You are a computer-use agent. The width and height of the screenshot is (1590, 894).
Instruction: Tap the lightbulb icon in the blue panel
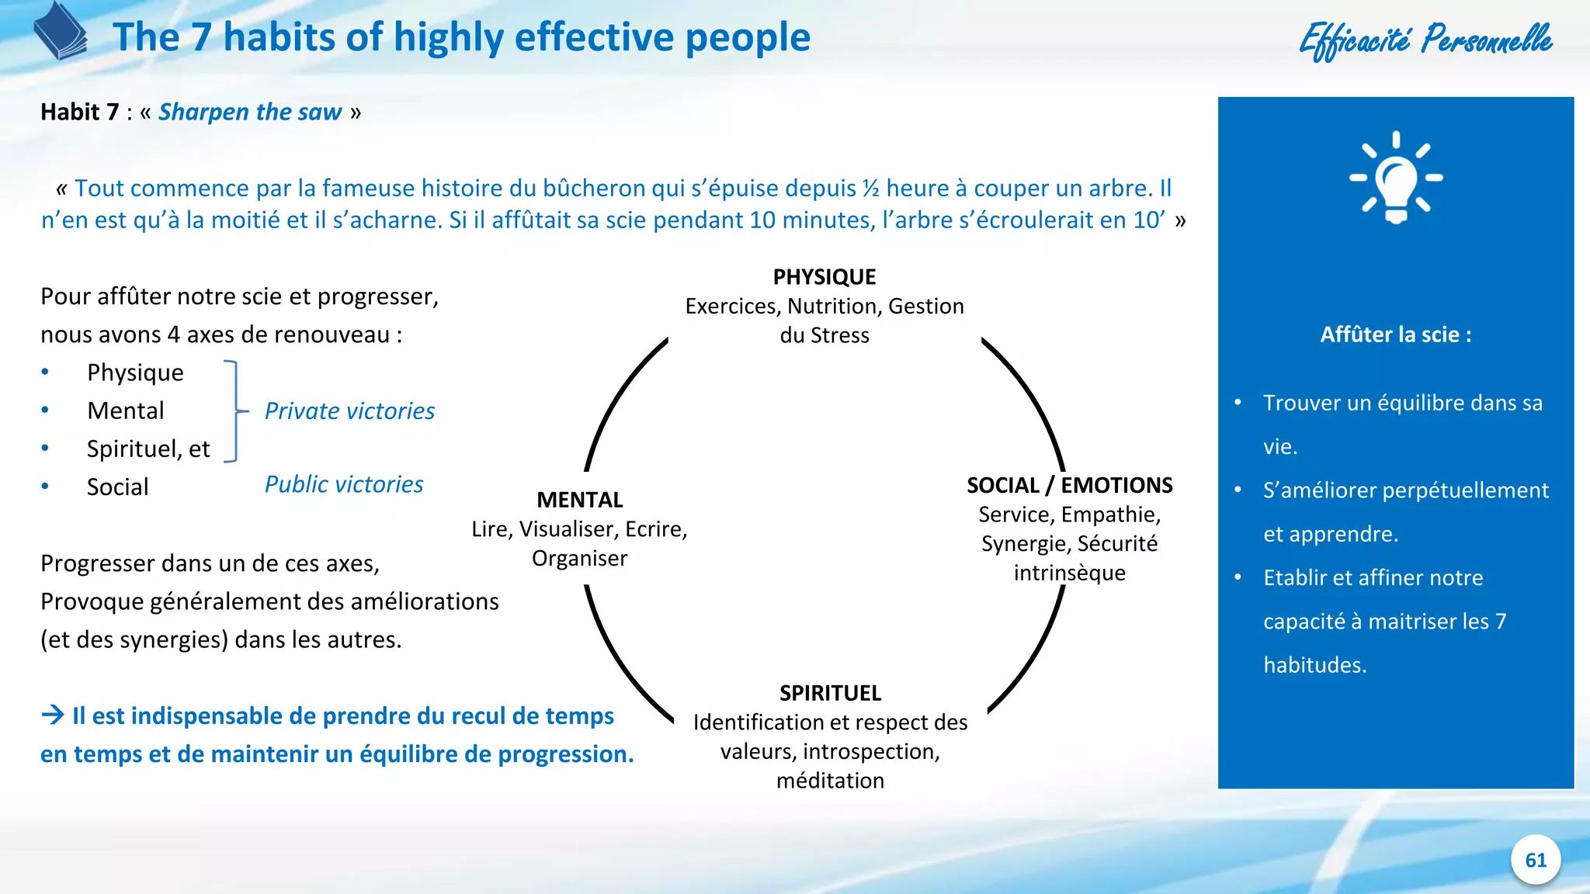1396,178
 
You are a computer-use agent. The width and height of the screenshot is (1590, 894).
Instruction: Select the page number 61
1536,860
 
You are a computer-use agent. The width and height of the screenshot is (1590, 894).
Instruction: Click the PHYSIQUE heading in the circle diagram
824,277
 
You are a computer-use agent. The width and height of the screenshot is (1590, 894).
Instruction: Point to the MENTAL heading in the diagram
579,500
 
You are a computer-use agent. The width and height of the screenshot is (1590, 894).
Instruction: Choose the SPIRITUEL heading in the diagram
830,693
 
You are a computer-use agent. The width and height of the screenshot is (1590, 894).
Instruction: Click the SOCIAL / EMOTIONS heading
1069,486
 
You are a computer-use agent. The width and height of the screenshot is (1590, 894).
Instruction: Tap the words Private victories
349,411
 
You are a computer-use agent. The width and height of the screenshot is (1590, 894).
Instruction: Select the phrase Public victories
344,484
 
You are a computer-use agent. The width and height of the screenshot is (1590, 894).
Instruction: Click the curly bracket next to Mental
234,411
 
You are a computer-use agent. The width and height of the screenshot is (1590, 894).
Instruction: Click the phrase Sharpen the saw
250,113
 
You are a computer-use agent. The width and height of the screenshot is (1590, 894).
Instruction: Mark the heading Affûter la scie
1395,335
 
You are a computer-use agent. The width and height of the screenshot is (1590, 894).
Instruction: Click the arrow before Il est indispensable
53,715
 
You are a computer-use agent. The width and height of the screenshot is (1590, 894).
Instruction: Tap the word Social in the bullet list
117,487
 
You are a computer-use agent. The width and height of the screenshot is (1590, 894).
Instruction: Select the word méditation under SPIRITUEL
830,781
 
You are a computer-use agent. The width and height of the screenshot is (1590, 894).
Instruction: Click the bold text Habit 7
79,113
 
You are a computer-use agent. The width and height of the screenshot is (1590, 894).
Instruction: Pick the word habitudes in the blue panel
1314,665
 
